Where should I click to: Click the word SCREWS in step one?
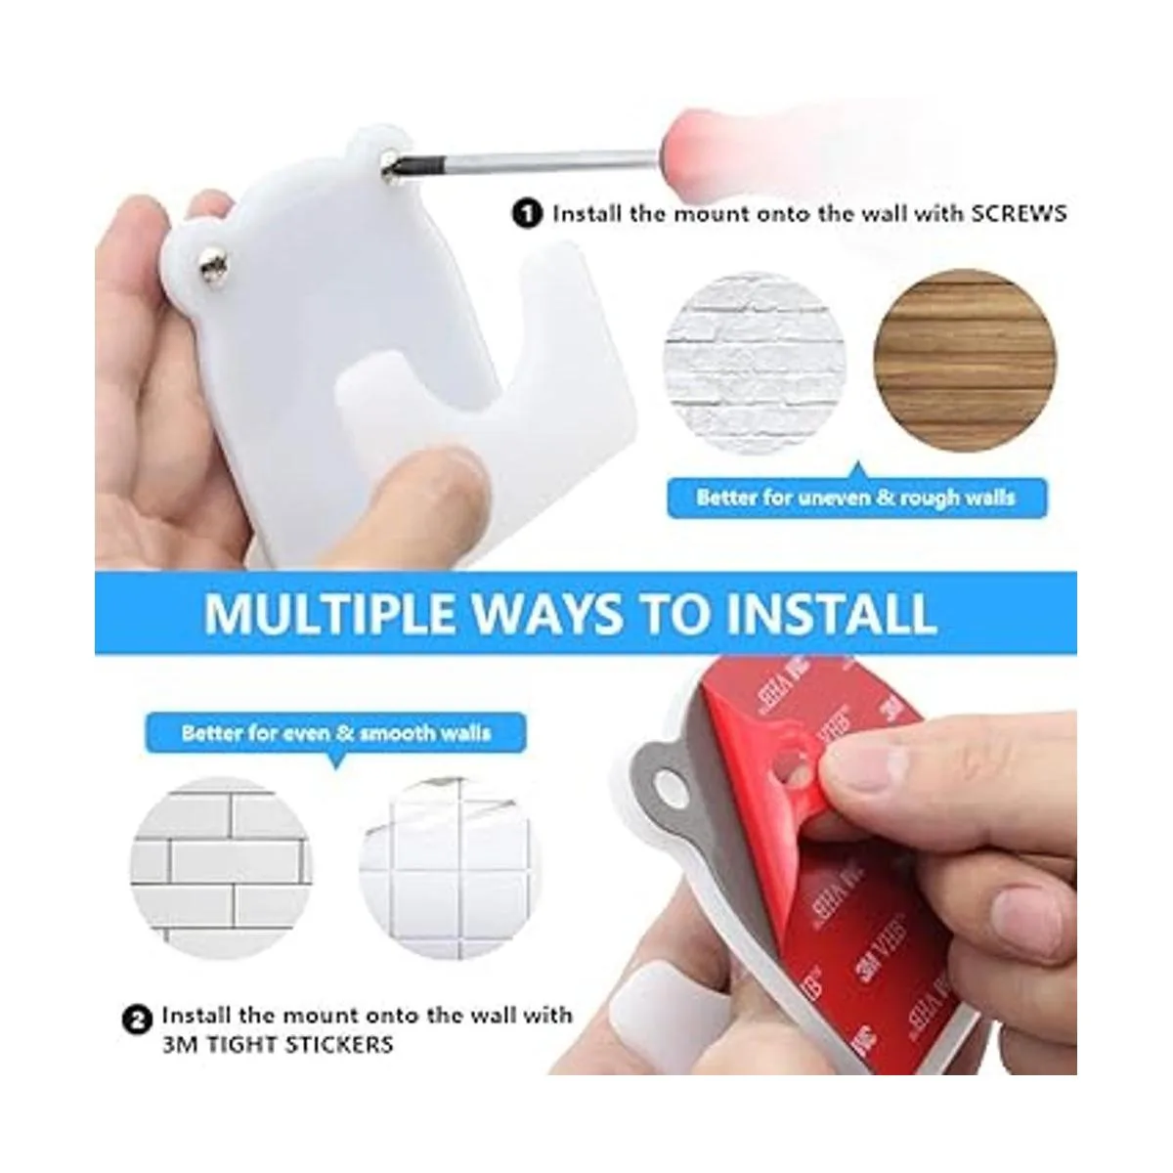(1019, 214)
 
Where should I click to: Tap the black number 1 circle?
(527, 214)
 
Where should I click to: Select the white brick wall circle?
(755, 364)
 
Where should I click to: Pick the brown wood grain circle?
(965, 362)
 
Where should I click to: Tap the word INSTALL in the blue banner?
(832, 613)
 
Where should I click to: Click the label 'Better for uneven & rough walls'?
(856, 498)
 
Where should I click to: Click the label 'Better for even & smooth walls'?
(336, 733)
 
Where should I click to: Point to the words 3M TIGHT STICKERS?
(278, 1045)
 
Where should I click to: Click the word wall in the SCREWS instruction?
(870, 214)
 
